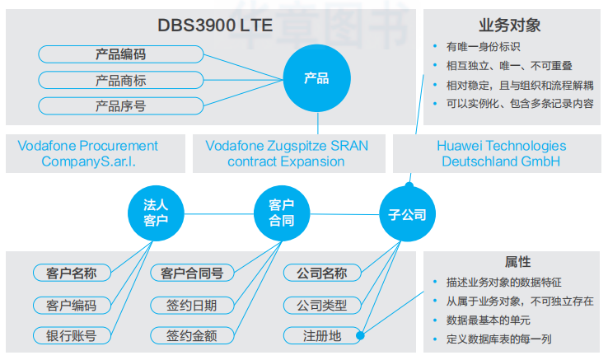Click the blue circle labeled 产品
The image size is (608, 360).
click(316, 79)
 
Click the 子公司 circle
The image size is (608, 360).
click(407, 215)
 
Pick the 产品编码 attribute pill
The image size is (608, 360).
click(120, 55)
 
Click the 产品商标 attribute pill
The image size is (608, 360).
click(120, 81)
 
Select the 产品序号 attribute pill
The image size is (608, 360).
click(120, 105)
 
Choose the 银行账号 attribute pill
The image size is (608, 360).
click(71, 336)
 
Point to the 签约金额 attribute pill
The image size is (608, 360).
click(192, 336)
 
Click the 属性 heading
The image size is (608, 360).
click(517, 261)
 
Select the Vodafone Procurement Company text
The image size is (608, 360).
click(88, 153)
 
